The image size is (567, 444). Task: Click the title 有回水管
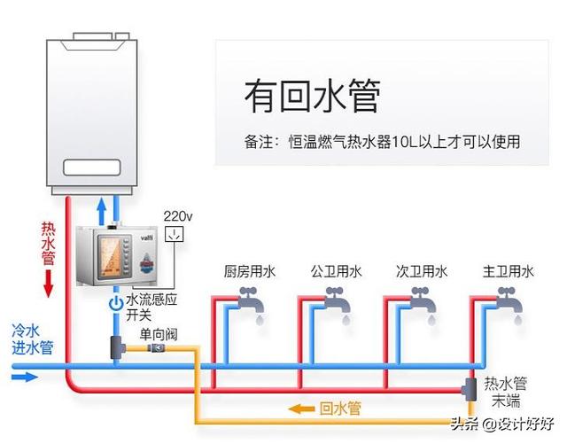pyautogui.click(x=312, y=96)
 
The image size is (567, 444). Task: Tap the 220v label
pyautogui.click(x=178, y=216)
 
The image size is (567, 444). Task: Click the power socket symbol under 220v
pyautogui.click(x=175, y=234)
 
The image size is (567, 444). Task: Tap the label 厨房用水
pyautogui.click(x=250, y=271)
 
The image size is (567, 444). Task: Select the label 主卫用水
pyautogui.click(x=508, y=271)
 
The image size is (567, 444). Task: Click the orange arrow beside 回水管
pyautogui.click(x=301, y=409)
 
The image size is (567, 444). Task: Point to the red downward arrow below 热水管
pyautogui.click(x=49, y=284)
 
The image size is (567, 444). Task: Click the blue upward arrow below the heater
pyautogui.click(x=102, y=211)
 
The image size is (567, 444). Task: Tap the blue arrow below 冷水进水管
pyautogui.click(x=25, y=377)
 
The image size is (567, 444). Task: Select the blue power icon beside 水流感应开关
pyautogui.click(x=116, y=303)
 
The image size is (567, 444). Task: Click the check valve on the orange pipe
pyautogui.click(x=157, y=348)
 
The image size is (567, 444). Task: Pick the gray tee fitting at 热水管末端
pyautogui.click(x=470, y=389)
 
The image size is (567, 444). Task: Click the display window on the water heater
pyautogui.click(x=92, y=167)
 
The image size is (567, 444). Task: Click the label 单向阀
pyautogui.click(x=159, y=334)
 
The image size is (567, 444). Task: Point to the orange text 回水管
pyautogui.click(x=340, y=409)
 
